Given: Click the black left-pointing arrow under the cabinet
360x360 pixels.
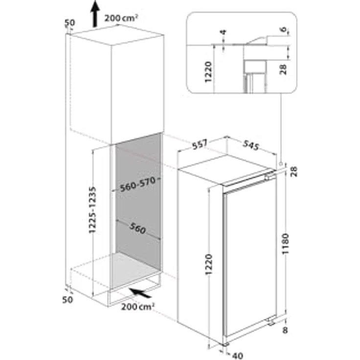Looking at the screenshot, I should [x=142, y=293].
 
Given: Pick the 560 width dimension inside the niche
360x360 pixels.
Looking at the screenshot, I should [x=138, y=228].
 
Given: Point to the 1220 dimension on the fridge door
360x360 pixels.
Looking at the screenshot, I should [x=209, y=267].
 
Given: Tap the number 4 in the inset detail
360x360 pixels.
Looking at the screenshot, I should [x=223, y=33].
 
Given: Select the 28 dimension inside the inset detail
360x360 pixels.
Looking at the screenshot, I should [x=283, y=69].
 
